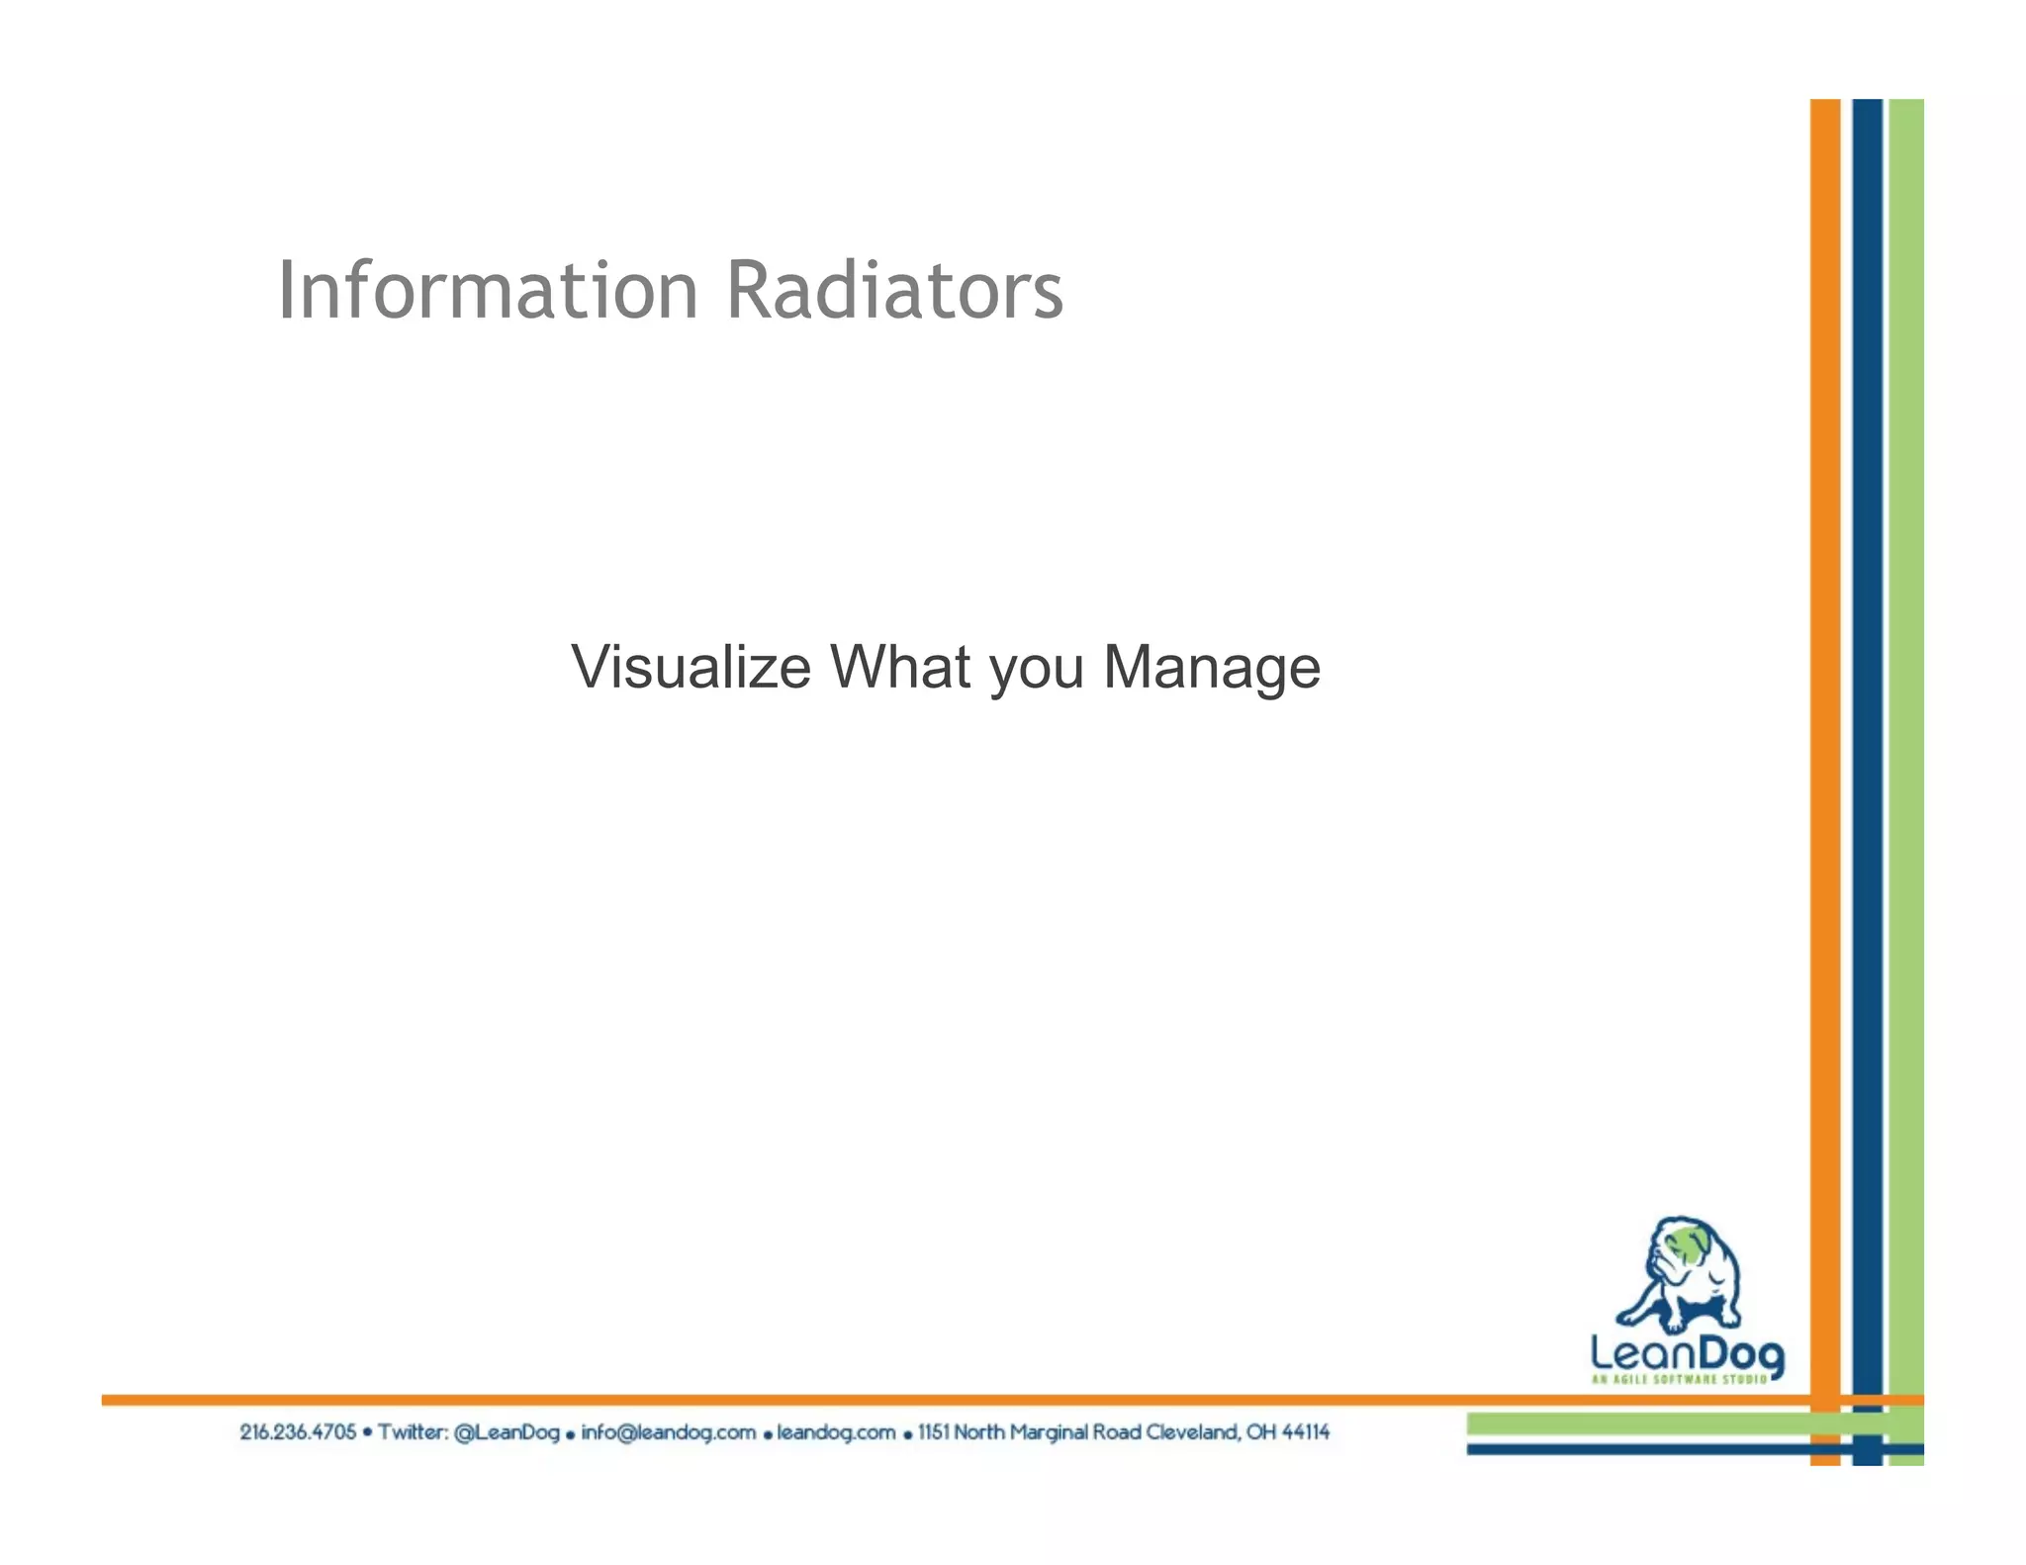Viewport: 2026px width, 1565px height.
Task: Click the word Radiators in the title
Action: coord(894,291)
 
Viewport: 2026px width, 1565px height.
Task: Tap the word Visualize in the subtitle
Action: coord(691,667)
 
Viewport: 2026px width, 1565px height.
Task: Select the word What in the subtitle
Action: coord(900,667)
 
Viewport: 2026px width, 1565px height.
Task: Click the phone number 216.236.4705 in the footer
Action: coord(298,1431)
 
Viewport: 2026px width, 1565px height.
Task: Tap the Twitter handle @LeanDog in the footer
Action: coord(506,1431)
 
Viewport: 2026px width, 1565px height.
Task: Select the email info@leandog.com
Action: coord(668,1431)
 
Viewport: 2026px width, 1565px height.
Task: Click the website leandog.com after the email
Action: coord(836,1431)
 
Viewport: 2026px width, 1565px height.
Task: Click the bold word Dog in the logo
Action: coord(1742,1354)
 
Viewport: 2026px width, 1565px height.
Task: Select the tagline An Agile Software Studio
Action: coord(1679,1379)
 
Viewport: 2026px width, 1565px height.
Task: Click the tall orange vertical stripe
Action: coord(1825,692)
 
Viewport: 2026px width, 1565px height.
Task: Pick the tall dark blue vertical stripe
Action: coord(1867,692)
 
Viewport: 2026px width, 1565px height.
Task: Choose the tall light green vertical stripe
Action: coord(1906,692)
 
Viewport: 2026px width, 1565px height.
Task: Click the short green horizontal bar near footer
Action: coord(1632,1424)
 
